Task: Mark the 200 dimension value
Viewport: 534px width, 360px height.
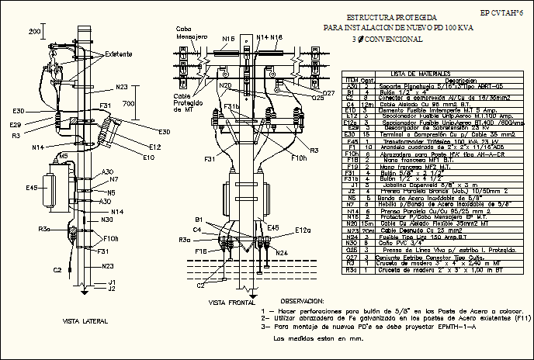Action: point(36,31)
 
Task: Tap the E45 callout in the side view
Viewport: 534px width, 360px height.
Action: point(33,188)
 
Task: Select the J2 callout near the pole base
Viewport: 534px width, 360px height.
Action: point(112,289)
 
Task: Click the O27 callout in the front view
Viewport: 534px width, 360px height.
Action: point(328,92)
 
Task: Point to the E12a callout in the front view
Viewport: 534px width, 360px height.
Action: point(302,230)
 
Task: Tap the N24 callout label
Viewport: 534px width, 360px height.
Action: point(282,253)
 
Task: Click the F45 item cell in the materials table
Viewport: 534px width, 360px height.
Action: point(350,141)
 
